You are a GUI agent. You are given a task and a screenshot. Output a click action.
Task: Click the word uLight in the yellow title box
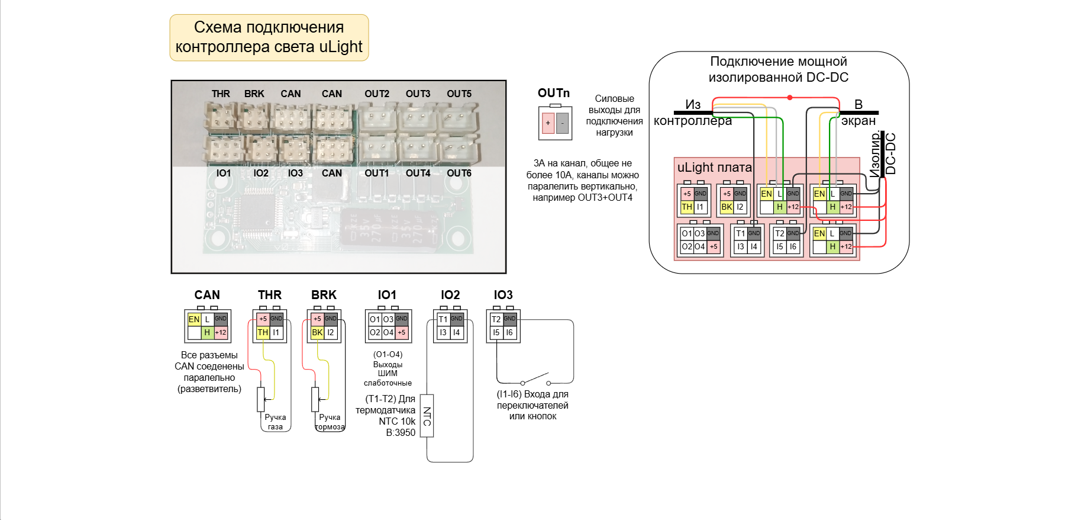[341, 47]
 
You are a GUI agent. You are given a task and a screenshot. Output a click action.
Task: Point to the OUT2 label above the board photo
[377, 94]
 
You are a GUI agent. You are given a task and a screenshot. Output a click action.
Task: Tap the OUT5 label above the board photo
[459, 94]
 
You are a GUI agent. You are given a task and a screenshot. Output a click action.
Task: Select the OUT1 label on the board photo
[377, 173]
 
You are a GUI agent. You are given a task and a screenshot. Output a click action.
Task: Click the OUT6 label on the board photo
[459, 173]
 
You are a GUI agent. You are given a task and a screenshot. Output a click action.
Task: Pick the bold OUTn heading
[554, 93]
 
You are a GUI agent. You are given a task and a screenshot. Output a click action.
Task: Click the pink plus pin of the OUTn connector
[548, 123]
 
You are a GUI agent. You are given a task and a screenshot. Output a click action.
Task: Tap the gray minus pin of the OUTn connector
[562, 123]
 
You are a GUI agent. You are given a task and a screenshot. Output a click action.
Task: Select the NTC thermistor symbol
[427, 416]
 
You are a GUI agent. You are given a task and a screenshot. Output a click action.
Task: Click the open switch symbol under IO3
[535, 379]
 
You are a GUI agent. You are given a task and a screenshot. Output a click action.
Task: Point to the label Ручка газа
[275, 422]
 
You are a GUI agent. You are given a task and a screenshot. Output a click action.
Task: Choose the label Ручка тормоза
[330, 422]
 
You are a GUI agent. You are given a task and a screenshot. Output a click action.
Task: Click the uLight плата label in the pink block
[714, 168]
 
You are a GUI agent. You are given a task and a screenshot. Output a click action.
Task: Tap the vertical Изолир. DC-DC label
[883, 155]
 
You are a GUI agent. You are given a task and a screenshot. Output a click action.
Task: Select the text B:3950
[401, 433]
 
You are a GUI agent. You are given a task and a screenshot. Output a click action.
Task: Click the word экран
[858, 121]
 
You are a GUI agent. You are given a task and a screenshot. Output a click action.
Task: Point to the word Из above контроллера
[693, 105]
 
